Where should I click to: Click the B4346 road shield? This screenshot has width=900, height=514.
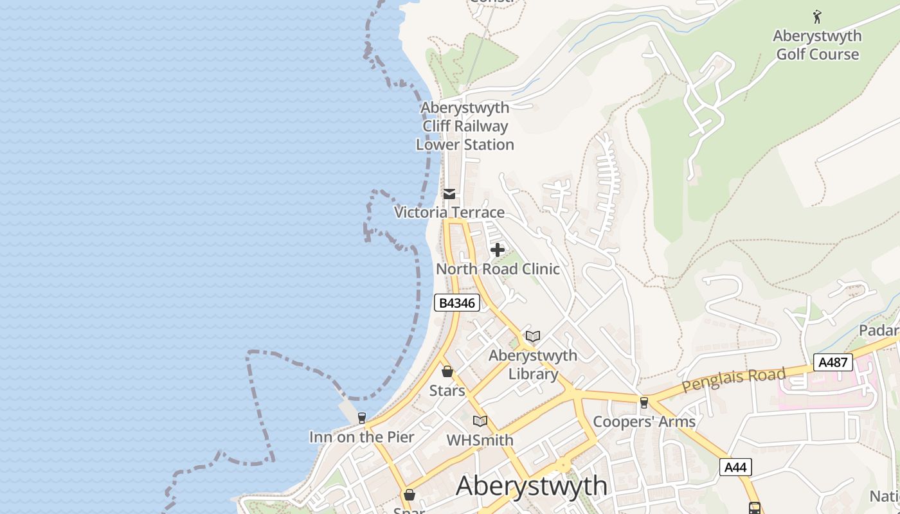tap(457, 303)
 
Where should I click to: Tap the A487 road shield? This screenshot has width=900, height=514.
tap(833, 362)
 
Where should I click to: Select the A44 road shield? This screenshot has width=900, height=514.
tap(735, 467)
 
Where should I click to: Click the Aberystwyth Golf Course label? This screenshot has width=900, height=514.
tap(817, 45)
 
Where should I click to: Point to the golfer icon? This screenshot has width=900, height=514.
tap(817, 16)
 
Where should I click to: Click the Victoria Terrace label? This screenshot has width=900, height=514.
tap(449, 212)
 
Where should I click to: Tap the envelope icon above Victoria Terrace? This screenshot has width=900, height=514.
tap(449, 193)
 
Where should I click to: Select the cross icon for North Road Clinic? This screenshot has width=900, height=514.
tap(497, 250)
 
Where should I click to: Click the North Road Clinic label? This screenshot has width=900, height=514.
tap(498, 269)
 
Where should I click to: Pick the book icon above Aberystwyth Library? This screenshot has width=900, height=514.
tap(532, 336)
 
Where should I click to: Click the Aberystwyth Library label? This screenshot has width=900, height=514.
tap(533, 364)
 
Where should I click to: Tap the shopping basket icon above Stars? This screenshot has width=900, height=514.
tap(447, 371)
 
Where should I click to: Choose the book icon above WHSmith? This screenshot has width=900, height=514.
tap(480, 421)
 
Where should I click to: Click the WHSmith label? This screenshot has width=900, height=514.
tap(480, 440)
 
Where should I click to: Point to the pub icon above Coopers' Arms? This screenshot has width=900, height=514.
tap(643, 403)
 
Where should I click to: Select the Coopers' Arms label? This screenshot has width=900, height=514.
tap(644, 421)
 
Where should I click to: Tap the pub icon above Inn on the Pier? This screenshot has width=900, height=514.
tap(362, 418)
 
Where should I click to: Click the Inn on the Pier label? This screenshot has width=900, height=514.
tap(362, 437)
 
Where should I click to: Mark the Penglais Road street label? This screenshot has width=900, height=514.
tap(733, 380)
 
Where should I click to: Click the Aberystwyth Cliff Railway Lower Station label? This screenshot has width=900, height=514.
tap(465, 126)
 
